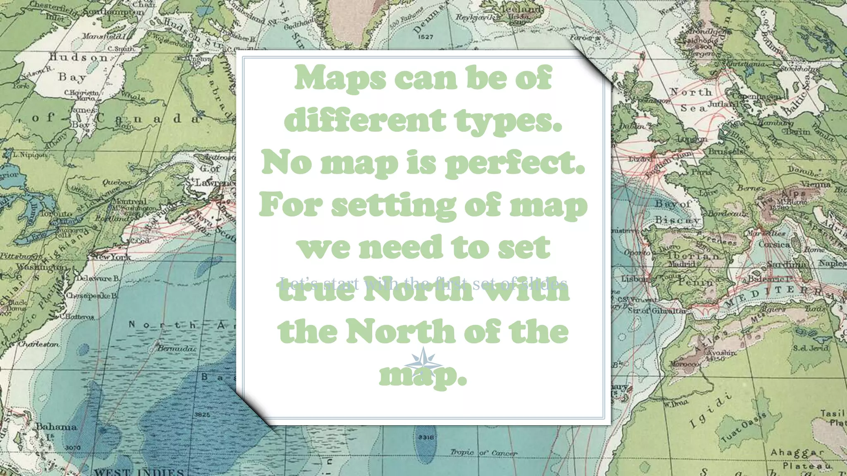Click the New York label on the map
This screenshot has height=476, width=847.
tap(111, 257)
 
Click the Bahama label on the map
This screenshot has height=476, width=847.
tap(56, 426)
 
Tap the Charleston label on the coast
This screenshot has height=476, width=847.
tap(39, 344)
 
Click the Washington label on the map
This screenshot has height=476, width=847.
tap(41, 267)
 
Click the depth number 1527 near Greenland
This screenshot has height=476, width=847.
tap(426, 37)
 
